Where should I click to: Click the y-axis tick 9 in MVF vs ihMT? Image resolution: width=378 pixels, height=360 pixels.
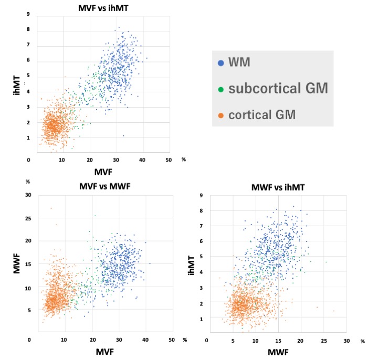pyautogui.click(x=27, y=14)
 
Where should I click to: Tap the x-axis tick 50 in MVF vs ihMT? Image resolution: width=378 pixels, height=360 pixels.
pyautogui.click(x=169, y=160)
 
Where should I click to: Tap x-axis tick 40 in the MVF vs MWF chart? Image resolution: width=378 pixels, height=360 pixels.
pyautogui.click(x=145, y=340)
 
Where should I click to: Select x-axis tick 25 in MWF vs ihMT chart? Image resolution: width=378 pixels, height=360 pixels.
pyautogui.click(x=323, y=341)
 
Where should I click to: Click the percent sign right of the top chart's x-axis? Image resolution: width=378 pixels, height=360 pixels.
pyautogui.click(x=183, y=159)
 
